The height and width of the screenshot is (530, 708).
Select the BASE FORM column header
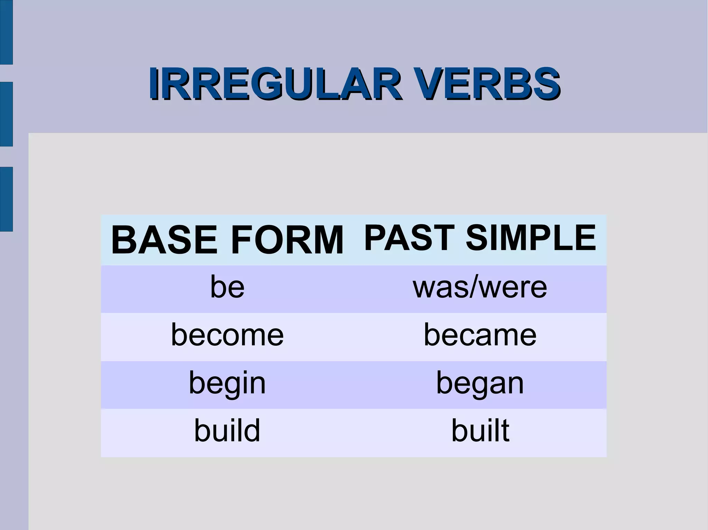[x=227, y=240]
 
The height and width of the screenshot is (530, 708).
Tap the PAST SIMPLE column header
[x=480, y=238]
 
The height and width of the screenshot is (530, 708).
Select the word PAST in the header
[x=409, y=238]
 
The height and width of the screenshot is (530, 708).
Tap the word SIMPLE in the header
[x=531, y=238]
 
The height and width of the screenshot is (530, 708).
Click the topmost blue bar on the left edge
[x=6, y=32]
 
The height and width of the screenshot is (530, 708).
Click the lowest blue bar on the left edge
[x=6, y=199]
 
